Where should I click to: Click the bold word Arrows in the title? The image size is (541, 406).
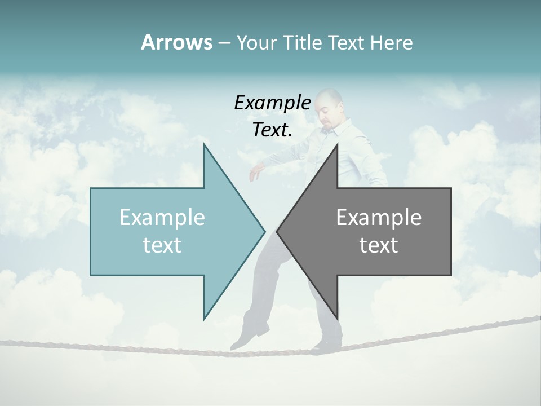point(176,42)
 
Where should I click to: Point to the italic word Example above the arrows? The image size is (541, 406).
point(273,103)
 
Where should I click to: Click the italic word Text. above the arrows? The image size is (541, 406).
point(273,130)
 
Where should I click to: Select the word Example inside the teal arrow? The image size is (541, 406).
point(162,217)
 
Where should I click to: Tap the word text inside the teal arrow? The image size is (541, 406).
point(162,245)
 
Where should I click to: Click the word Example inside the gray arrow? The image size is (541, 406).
point(379,217)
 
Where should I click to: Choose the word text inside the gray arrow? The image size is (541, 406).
point(379,245)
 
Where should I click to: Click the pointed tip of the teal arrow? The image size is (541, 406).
point(264,231)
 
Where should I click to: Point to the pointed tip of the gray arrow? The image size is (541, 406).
point(277,231)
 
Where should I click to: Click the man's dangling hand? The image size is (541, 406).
point(255,173)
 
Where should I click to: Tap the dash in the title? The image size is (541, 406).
point(224,43)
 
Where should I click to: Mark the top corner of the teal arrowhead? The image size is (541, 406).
point(204,144)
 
